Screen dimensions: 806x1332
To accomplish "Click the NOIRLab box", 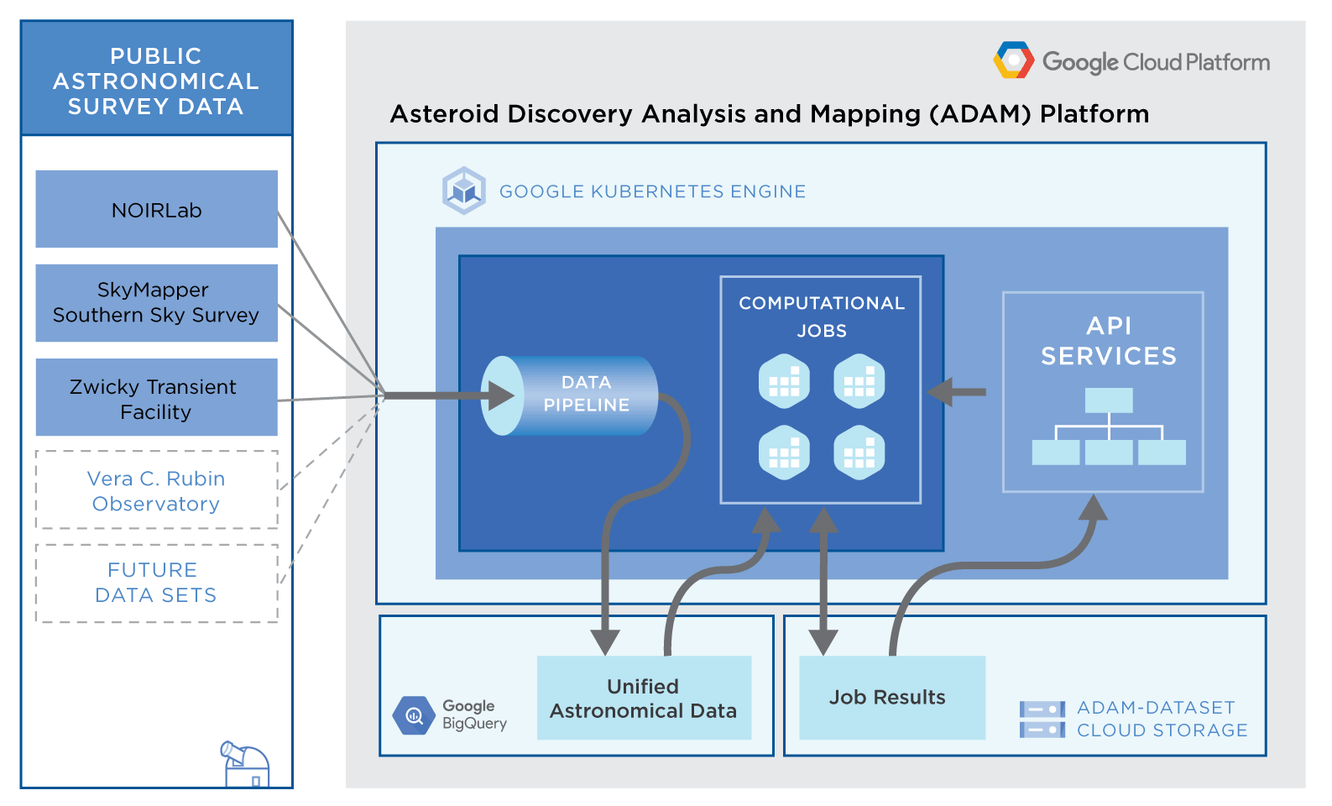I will (x=156, y=209).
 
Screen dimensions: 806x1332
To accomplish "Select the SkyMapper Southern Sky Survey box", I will (x=156, y=303).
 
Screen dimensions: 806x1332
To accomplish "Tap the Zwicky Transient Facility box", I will (x=156, y=397).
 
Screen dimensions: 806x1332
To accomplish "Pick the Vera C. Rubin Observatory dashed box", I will (x=156, y=490).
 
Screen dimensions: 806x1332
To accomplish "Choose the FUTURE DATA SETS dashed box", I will (x=156, y=584).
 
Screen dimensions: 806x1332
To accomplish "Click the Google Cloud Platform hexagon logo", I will (x=1014, y=60).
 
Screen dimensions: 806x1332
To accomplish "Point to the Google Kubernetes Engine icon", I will (x=464, y=191).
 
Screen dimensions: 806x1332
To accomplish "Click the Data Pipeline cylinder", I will (x=571, y=395).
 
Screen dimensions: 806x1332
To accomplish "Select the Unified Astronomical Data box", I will (x=644, y=698).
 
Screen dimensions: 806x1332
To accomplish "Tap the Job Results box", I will (x=891, y=698).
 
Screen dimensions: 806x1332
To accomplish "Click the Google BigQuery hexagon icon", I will (x=414, y=715).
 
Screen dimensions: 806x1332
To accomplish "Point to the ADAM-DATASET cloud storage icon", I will (x=1042, y=720).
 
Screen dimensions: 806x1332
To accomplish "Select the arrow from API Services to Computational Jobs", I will (x=957, y=391).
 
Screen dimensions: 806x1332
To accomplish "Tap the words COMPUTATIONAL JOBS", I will (x=822, y=317).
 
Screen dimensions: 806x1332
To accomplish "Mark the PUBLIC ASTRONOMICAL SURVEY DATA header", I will (x=156, y=81).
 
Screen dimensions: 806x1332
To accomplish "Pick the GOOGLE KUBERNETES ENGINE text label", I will (x=652, y=191).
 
